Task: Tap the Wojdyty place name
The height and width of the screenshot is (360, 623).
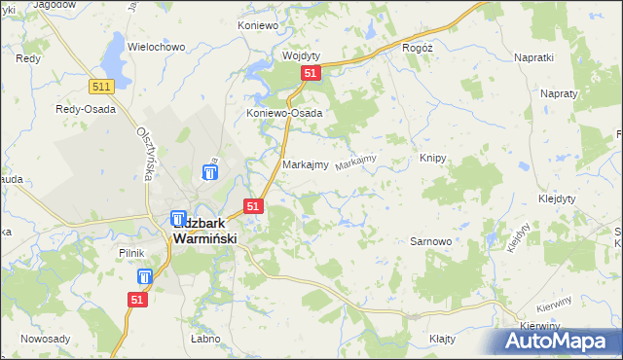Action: (301, 55)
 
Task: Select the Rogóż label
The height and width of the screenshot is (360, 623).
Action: (417, 47)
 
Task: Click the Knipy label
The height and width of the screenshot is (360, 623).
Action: (432, 158)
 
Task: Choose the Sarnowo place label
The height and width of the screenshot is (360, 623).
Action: (429, 240)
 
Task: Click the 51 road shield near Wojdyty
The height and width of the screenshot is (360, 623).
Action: (309, 74)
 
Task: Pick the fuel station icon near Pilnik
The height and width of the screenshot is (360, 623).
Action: (144, 276)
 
